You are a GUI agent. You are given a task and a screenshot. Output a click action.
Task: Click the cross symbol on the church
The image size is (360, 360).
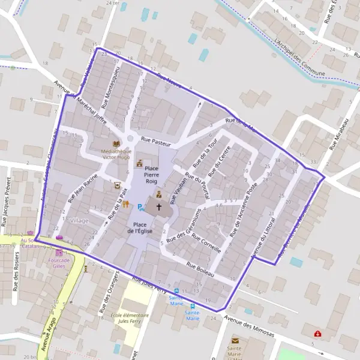pos(159,206)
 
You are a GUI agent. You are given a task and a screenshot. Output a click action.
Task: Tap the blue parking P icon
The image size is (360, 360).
pos(140,208)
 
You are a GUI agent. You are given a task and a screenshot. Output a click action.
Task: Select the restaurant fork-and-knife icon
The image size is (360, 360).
pos(126,205)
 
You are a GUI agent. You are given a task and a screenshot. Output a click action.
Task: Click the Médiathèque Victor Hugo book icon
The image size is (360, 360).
pos(116,144)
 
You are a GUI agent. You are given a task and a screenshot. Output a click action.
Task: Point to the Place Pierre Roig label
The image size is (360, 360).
pos(151,173)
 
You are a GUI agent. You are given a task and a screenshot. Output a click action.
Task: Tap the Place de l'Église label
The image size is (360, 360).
pos(140,227)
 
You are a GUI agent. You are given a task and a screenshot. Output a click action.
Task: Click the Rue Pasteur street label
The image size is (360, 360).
pos(156,142)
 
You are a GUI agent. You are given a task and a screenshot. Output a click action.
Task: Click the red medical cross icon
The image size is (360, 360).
pos(316,333)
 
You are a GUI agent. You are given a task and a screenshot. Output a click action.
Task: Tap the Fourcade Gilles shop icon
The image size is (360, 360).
pos(59,253)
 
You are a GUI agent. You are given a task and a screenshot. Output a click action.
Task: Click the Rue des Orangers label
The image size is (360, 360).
pos(106,299)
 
